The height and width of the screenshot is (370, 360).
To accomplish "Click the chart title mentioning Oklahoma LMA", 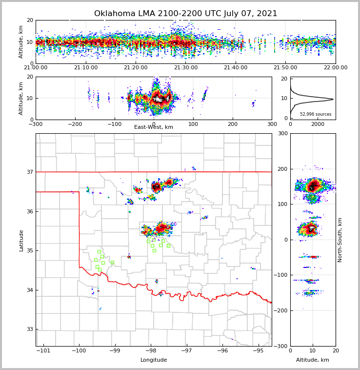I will (185, 14).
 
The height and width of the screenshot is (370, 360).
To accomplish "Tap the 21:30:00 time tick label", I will (185, 68).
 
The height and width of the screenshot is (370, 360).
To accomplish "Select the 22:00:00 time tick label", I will (335, 68).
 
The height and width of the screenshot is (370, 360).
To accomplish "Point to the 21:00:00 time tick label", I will (36, 68).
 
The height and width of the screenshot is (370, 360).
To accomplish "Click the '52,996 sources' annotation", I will (316, 114).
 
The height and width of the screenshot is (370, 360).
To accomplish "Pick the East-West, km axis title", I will (154, 127).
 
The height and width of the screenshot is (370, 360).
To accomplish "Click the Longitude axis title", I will (154, 360).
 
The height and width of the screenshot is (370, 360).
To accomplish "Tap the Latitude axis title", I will (21, 240).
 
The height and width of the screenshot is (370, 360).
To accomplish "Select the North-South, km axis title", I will (340, 240).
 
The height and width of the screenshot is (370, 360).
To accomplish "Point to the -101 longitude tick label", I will (43, 351).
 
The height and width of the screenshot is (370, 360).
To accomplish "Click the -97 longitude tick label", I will (186, 351).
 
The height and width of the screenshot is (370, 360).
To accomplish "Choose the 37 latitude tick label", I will (29, 172).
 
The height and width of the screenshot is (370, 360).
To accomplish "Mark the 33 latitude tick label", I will (29, 329).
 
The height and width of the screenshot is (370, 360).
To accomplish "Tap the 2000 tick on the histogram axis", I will (318, 124).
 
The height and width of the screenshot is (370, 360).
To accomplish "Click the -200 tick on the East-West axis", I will (75, 124).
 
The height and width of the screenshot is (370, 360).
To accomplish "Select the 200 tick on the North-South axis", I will (282, 169).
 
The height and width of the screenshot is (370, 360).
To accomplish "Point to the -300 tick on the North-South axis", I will (280, 346).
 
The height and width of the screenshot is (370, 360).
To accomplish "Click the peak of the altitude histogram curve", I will (333, 100).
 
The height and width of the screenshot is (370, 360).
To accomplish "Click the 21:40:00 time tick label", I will (235, 68).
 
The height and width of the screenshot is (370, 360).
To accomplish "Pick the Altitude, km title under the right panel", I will (313, 360).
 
